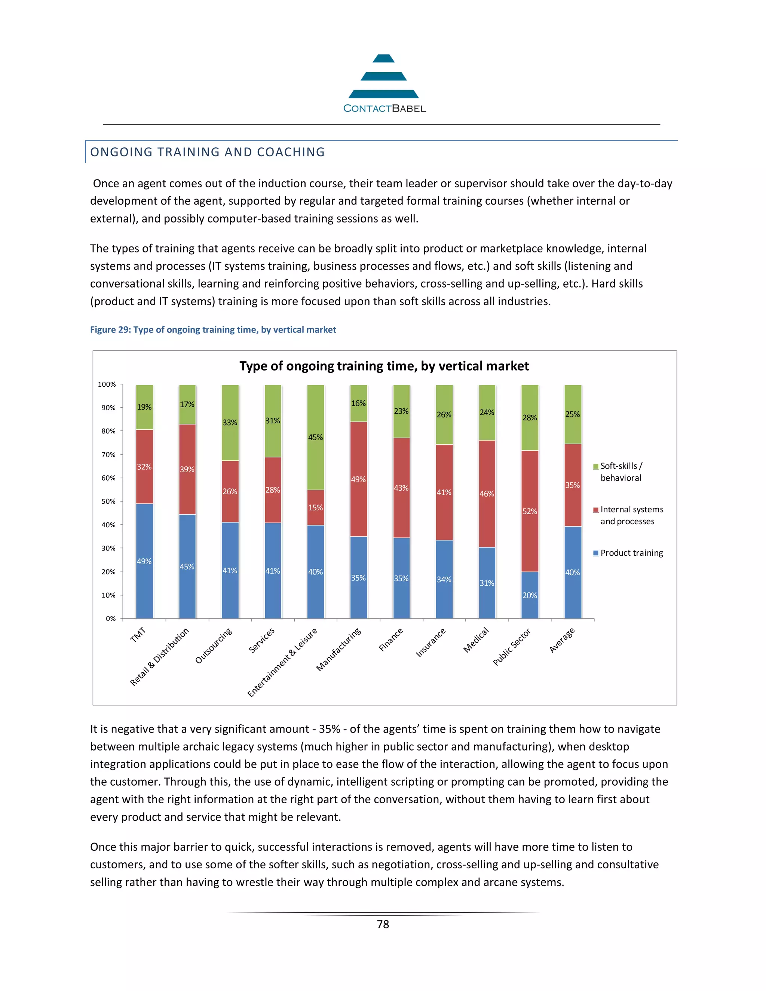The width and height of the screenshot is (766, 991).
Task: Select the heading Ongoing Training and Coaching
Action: coord(207,152)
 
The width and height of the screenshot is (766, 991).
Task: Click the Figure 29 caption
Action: coord(213,330)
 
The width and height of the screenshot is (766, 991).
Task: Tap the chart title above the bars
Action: coord(384,366)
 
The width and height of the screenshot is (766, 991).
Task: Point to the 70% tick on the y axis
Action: coord(108,455)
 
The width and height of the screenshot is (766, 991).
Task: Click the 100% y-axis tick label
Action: coord(107,384)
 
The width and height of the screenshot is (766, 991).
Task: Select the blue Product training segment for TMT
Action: coord(144,561)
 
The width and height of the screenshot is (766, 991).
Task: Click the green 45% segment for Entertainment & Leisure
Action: coord(316,437)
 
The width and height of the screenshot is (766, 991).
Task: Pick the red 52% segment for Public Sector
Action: coord(530,511)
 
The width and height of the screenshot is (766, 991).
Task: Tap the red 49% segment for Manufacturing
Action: coord(358,479)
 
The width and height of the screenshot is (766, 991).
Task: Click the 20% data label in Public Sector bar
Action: coord(530,595)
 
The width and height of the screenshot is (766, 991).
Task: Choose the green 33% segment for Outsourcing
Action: coord(230,423)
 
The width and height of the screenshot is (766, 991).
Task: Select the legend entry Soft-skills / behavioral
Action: coord(621,472)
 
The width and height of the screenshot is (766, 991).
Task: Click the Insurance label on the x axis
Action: coord(431,642)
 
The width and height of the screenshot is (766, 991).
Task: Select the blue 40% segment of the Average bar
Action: coord(573,573)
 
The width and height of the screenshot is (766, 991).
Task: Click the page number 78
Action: coord(383,924)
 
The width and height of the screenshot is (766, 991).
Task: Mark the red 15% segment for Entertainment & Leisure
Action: coord(316,508)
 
